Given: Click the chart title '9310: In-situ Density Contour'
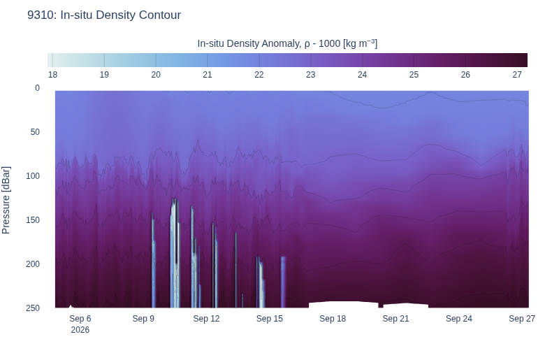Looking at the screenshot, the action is [104, 15].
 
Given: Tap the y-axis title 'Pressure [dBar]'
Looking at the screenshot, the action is [6, 200].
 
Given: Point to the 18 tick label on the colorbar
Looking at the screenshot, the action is [52, 75].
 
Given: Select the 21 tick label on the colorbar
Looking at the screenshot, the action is [208, 75].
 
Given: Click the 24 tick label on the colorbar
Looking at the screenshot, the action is [362, 75].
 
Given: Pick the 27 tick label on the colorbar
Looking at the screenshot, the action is [517, 75].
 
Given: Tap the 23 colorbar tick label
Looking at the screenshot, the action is [311, 75].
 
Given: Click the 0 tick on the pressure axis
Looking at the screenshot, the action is [37, 88].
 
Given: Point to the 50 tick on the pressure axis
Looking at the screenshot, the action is [35, 132].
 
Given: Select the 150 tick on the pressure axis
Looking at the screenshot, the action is [33, 219].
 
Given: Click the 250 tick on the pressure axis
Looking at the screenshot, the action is [33, 308].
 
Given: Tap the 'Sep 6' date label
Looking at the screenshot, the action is [80, 319].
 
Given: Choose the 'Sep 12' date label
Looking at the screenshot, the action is [206, 319].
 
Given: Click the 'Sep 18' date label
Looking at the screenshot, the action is [333, 319].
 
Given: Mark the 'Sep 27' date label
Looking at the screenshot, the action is [522, 319].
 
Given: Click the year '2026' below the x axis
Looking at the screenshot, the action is [80, 330].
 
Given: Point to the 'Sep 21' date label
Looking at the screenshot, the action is [396, 319].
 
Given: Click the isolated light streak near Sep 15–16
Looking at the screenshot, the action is [283, 282].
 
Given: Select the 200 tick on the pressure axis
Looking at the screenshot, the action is [33, 264].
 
